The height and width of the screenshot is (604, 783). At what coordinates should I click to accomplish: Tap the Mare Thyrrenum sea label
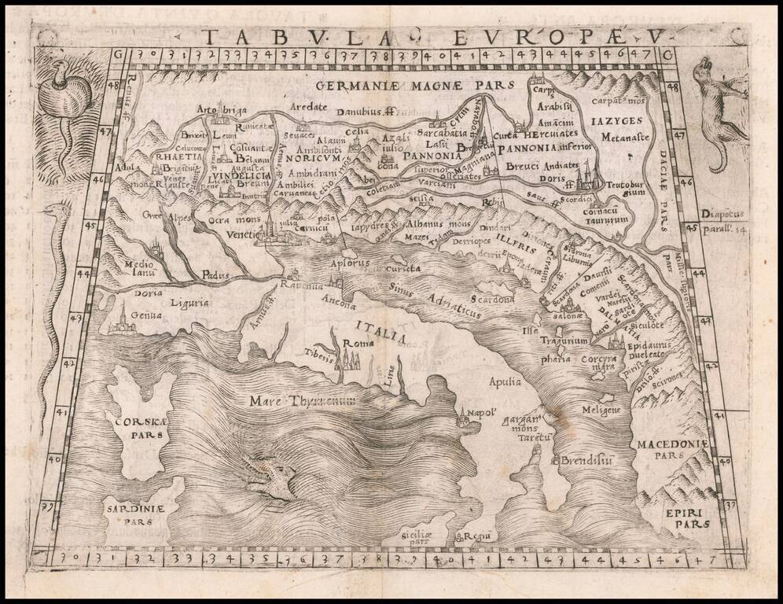[302, 401]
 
